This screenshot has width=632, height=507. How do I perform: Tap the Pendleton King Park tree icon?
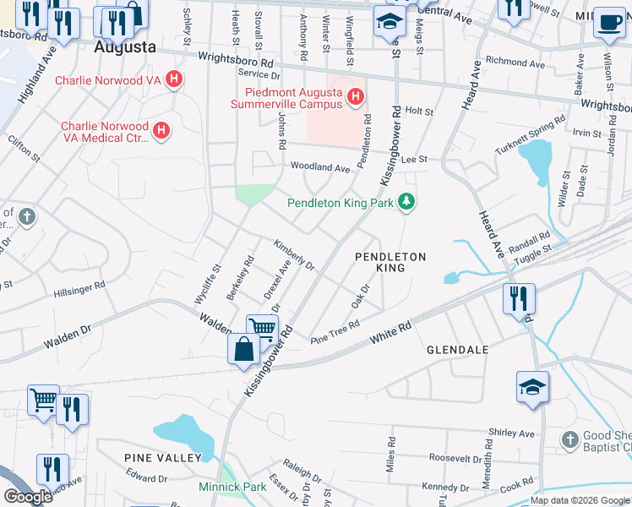[407, 202]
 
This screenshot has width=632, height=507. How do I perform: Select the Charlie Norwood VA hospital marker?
[174, 81]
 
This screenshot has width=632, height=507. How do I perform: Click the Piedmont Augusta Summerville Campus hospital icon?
[355, 98]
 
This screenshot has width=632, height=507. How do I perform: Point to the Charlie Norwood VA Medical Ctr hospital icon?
[161, 132]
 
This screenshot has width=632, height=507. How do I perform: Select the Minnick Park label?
[232, 487]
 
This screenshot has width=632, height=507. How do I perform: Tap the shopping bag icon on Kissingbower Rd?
[243, 350]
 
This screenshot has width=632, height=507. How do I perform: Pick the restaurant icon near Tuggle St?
[519, 299]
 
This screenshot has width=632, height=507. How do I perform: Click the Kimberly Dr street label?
[293, 255]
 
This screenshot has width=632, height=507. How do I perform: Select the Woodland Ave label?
[320, 168]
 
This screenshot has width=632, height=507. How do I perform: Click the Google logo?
[28, 497]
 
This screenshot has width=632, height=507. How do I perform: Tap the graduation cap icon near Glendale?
[532, 387]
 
